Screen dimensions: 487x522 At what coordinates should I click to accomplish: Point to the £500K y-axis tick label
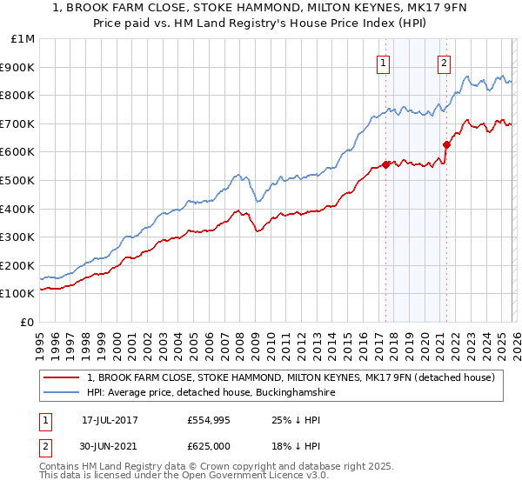coord(20,180)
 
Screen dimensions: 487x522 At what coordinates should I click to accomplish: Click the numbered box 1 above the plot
coord(384,63)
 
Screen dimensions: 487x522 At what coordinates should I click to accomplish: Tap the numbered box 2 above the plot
coord(444,63)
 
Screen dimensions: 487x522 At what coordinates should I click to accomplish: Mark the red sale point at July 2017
coord(385,164)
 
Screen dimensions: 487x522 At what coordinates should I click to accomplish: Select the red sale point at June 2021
coord(446,144)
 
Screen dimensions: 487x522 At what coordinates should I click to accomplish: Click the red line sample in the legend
coord(62,377)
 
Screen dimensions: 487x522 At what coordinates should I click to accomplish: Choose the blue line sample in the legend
coord(62,393)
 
